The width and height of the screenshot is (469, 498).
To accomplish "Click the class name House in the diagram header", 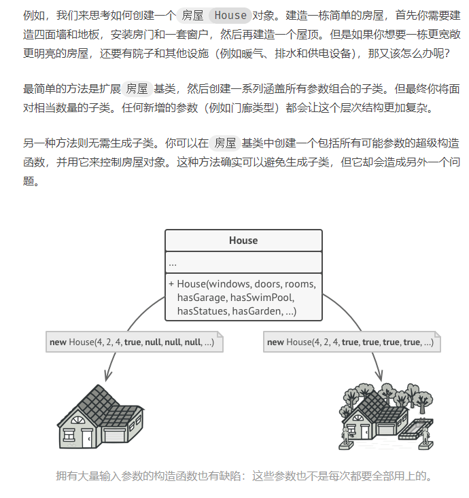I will [x=243, y=241].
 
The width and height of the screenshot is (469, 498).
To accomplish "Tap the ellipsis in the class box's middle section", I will [x=173, y=263].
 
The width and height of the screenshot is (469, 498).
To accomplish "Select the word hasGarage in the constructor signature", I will [x=201, y=298].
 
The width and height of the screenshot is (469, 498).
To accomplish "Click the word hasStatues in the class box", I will [x=202, y=311].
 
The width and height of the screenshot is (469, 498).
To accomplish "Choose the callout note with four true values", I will [x=351, y=342].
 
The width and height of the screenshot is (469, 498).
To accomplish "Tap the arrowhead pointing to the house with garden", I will [x=379, y=374].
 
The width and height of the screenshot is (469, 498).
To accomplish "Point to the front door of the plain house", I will [x=87, y=439].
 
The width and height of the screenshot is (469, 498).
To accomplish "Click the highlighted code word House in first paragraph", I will [x=230, y=15].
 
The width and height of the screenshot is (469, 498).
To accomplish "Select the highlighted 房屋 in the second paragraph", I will [x=137, y=89].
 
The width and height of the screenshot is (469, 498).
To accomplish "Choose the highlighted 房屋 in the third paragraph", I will [x=225, y=143].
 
